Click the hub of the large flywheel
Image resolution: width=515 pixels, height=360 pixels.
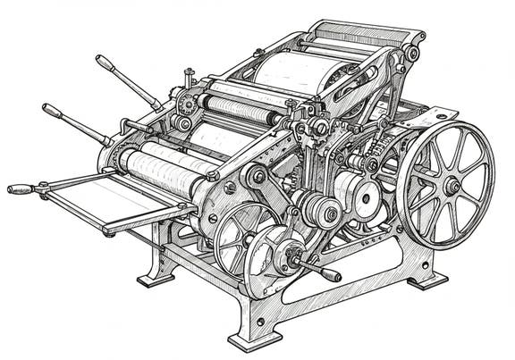point(452,185)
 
